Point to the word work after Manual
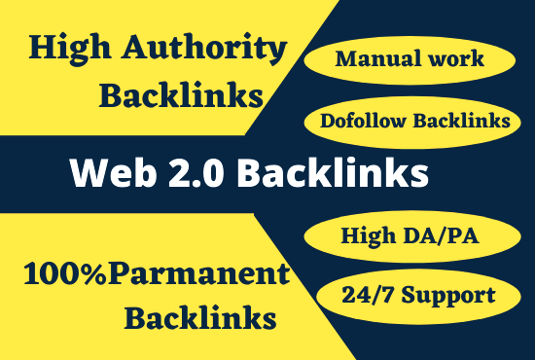(452, 60)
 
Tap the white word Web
(107, 173)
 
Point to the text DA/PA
(446, 234)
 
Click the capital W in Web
(84, 173)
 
